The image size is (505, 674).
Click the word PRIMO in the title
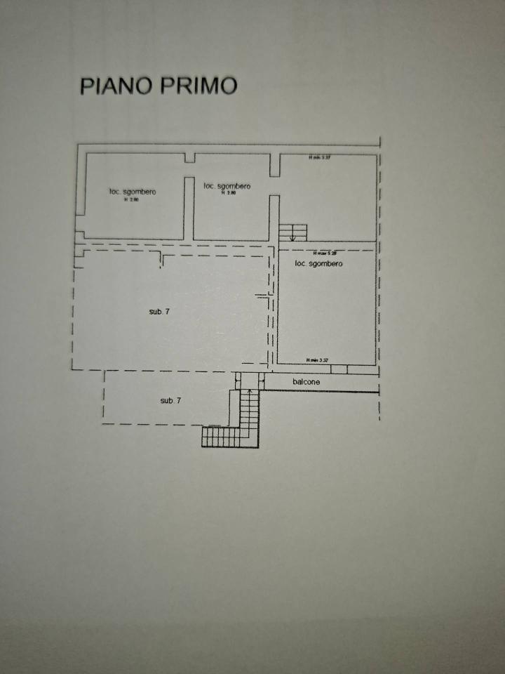coord(199,86)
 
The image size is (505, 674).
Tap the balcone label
coord(307,382)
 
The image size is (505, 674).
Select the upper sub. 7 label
coord(159,311)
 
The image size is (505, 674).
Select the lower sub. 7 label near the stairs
coord(170,400)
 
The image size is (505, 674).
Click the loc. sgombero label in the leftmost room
coord(133,192)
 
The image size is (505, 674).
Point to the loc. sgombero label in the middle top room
coord(227,186)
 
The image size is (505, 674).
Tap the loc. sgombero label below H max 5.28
coord(319,263)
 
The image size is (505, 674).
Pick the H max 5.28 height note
coord(326,252)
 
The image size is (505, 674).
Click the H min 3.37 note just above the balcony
coord(317,360)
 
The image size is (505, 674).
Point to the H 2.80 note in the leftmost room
coord(132,199)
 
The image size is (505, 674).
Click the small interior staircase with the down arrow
coord(293,232)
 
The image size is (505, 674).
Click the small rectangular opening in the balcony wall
coord(339,369)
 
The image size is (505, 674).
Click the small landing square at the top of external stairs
coord(249,380)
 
